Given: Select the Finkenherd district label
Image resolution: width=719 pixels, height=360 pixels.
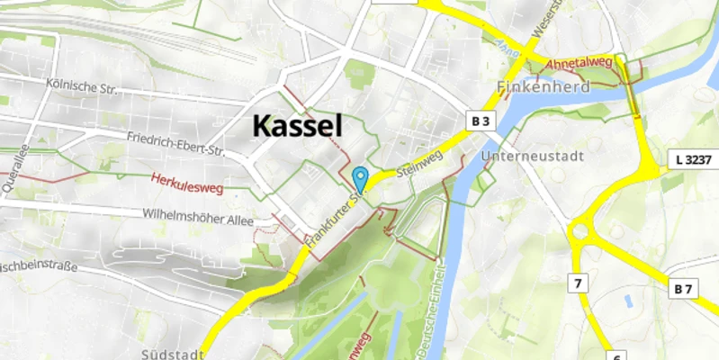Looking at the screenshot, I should (x=543, y=88).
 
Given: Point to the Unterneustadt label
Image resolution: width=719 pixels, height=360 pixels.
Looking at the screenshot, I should (x=533, y=156).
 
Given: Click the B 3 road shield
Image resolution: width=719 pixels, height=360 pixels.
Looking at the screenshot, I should (x=481, y=121).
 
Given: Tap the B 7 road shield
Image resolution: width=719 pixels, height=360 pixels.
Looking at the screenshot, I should (x=686, y=289).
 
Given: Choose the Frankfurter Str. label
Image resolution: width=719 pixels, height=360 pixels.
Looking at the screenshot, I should (x=333, y=220).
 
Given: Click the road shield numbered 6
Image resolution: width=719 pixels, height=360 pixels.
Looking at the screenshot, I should (x=617, y=356).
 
